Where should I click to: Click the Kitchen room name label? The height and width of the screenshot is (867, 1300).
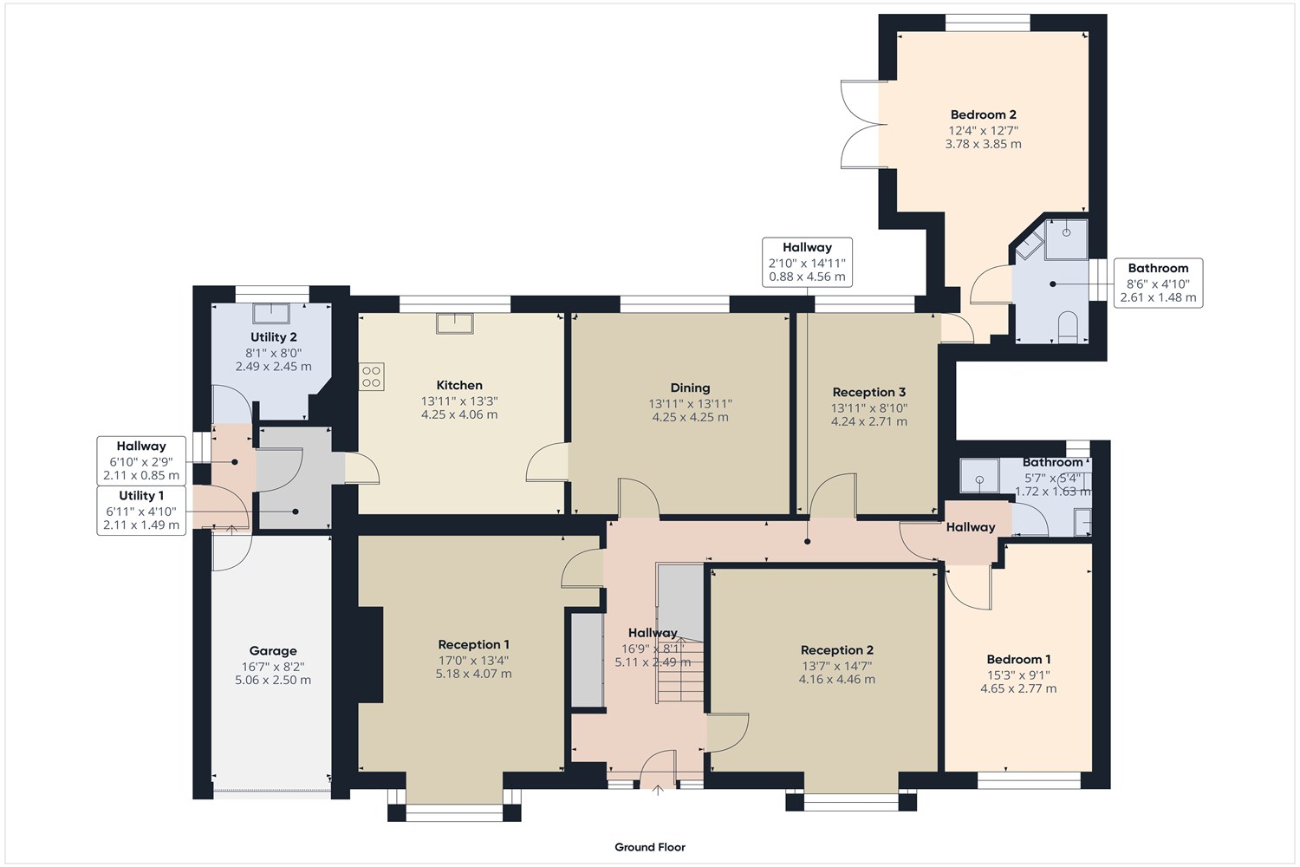(459, 385)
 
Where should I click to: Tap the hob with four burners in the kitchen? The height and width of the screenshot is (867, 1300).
(372, 376)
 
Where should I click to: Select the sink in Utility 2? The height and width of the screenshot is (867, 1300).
(271, 314)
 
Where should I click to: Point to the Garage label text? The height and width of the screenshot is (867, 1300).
(273, 651)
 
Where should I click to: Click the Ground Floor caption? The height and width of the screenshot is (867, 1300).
(650, 847)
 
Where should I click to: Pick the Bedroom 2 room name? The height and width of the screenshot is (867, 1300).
(983, 114)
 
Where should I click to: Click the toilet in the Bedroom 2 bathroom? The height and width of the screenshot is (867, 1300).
(1068, 326)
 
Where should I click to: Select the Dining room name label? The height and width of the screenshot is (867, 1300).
(690, 388)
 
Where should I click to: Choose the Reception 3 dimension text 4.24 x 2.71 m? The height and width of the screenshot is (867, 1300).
(868, 421)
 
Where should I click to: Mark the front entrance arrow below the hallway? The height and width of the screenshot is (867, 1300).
(658, 790)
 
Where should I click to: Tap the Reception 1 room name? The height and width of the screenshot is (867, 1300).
(473, 644)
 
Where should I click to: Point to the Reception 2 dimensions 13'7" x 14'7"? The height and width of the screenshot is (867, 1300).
(836, 666)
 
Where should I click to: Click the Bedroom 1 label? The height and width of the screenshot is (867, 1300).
(1018, 659)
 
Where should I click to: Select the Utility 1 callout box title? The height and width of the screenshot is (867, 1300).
(141, 495)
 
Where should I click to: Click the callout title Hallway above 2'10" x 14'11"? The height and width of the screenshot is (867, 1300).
(807, 247)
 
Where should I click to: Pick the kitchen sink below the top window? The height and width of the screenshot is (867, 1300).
(455, 323)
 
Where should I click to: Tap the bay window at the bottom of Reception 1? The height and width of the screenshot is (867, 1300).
(454, 805)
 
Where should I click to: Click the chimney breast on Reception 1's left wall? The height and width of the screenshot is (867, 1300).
(370, 655)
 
